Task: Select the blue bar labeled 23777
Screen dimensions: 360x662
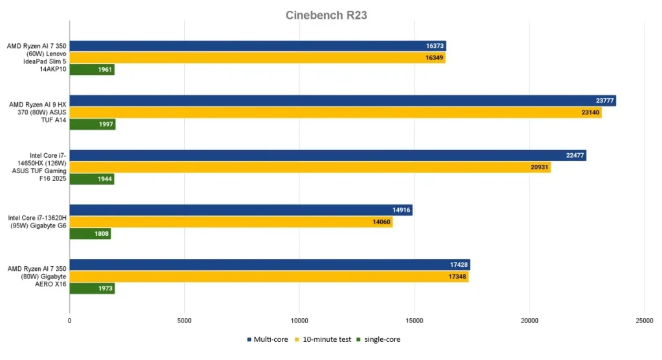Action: click(x=343, y=101)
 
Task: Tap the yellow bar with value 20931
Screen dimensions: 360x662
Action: click(x=310, y=167)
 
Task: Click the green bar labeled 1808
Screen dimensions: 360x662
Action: click(x=90, y=234)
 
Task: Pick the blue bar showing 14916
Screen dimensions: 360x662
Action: click(x=240, y=210)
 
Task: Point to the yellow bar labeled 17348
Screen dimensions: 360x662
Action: click(x=269, y=277)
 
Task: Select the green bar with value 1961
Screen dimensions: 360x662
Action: click(x=92, y=70)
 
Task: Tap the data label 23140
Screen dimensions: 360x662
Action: click(x=590, y=112)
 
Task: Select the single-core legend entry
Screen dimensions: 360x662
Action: click(x=382, y=339)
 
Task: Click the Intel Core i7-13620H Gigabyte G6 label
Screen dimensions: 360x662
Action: click(x=37, y=222)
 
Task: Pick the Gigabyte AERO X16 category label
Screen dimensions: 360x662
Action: click(x=37, y=277)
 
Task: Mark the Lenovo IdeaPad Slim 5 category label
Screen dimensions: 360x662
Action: click(x=37, y=58)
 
